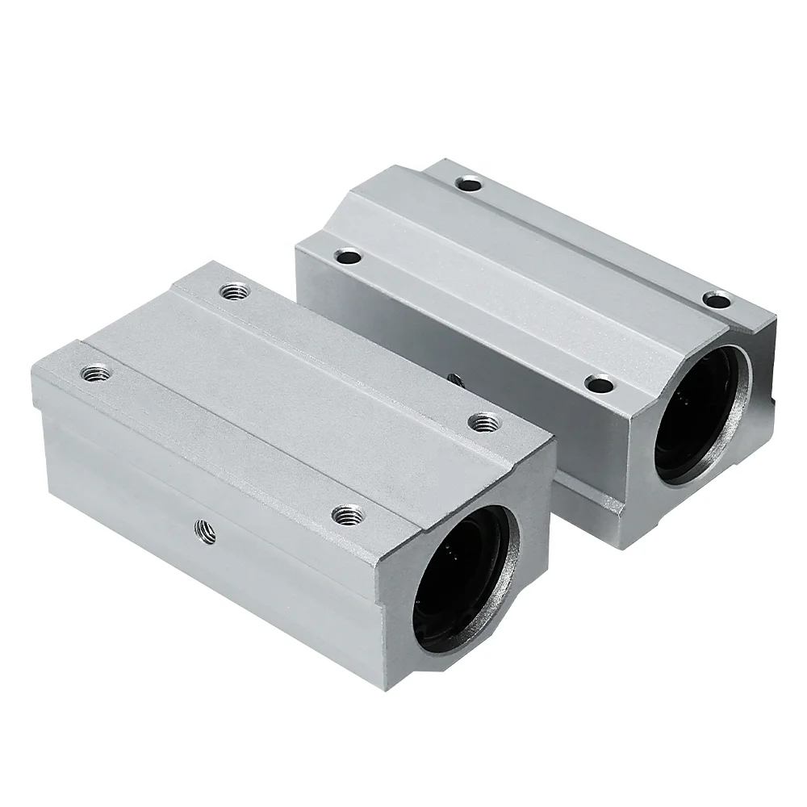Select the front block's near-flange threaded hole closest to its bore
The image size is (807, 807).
(x=348, y=513)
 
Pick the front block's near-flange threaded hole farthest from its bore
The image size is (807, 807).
(x=95, y=373)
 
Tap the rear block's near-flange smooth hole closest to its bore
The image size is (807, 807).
(x=598, y=383)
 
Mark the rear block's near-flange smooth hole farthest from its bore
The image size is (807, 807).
(x=349, y=258)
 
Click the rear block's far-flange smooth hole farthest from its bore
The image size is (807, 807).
(x=467, y=183)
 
